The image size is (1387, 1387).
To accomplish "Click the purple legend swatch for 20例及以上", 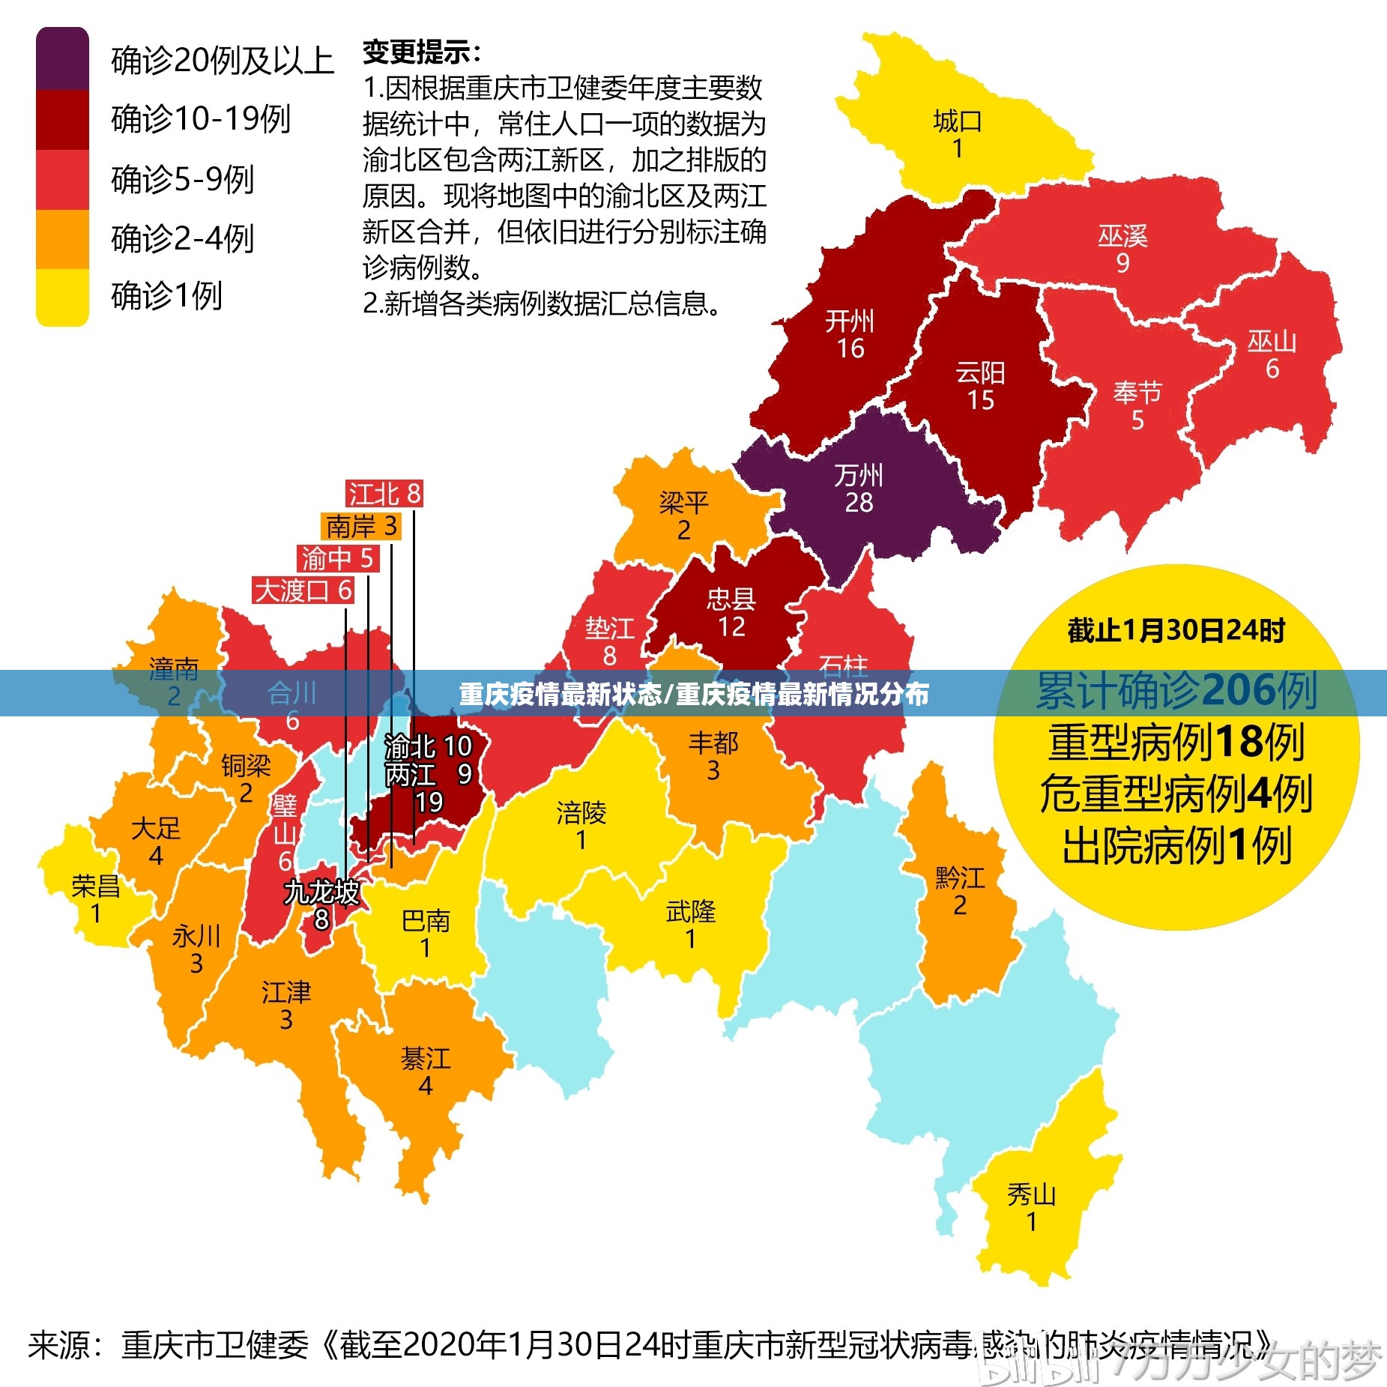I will click(x=62, y=59).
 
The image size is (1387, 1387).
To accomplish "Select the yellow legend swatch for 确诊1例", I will click(x=62, y=297).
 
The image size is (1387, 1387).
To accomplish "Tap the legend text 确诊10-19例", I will click(x=200, y=119).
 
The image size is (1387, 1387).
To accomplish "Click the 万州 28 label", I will click(x=859, y=489).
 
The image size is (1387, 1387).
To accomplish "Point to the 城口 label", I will click(x=957, y=121).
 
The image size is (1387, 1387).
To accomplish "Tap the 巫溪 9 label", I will click(x=1122, y=249).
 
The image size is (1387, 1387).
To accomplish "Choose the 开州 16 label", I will click(x=850, y=334).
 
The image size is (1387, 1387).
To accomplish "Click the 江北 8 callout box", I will click(x=384, y=494).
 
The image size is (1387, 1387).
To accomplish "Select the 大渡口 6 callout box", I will click(x=303, y=590).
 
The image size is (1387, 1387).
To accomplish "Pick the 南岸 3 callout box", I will click(x=361, y=526).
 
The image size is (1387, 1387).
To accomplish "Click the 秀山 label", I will click(x=1031, y=1194).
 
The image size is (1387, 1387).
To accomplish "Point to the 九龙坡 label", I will click(x=321, y=892).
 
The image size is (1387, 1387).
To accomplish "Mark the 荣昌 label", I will click(x=95, y=886).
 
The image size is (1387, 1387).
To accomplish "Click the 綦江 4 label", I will click(x=426, y=1072).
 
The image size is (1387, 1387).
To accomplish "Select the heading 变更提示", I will click(x=420, y=52).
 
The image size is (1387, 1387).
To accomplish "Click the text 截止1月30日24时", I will click(x=1176, y=630).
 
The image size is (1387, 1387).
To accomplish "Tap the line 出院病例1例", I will click(x=1176, y=846).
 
